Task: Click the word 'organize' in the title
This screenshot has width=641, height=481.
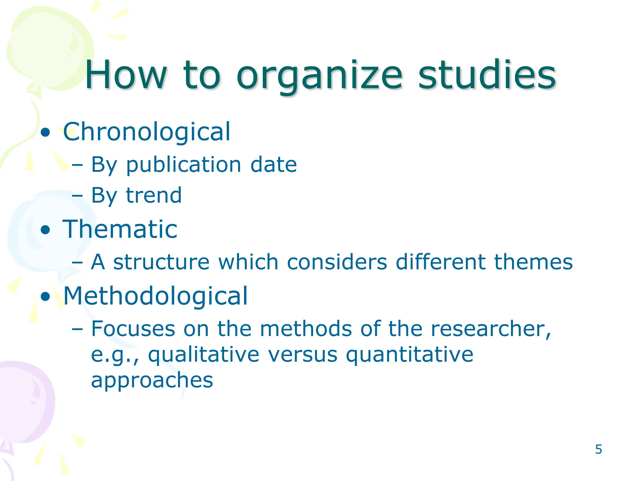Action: pos(319,77)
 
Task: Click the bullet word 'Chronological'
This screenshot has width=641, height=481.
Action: pos(146,132)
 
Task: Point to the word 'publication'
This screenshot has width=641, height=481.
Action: pos(183,165)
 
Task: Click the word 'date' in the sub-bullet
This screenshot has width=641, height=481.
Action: pos(273,165)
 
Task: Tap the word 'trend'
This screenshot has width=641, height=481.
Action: pos(154,195)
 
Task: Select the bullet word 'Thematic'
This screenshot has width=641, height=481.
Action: pos(120,229)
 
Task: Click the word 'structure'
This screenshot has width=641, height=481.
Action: pos(161,262)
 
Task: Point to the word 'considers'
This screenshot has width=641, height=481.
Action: pos(337,262)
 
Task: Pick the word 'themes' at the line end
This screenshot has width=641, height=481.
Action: pos(533,262)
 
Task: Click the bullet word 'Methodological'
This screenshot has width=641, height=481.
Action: pos(155,296)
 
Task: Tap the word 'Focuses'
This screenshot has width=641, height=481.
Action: pos(133,329)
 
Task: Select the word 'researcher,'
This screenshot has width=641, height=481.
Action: pos(491,329)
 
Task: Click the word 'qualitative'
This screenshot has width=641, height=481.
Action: pos(203,355)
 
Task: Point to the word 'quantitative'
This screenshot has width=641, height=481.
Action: pos(409,355)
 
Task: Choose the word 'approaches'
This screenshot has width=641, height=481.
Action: pos(152,380)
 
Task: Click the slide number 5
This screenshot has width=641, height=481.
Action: pos(598,449)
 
